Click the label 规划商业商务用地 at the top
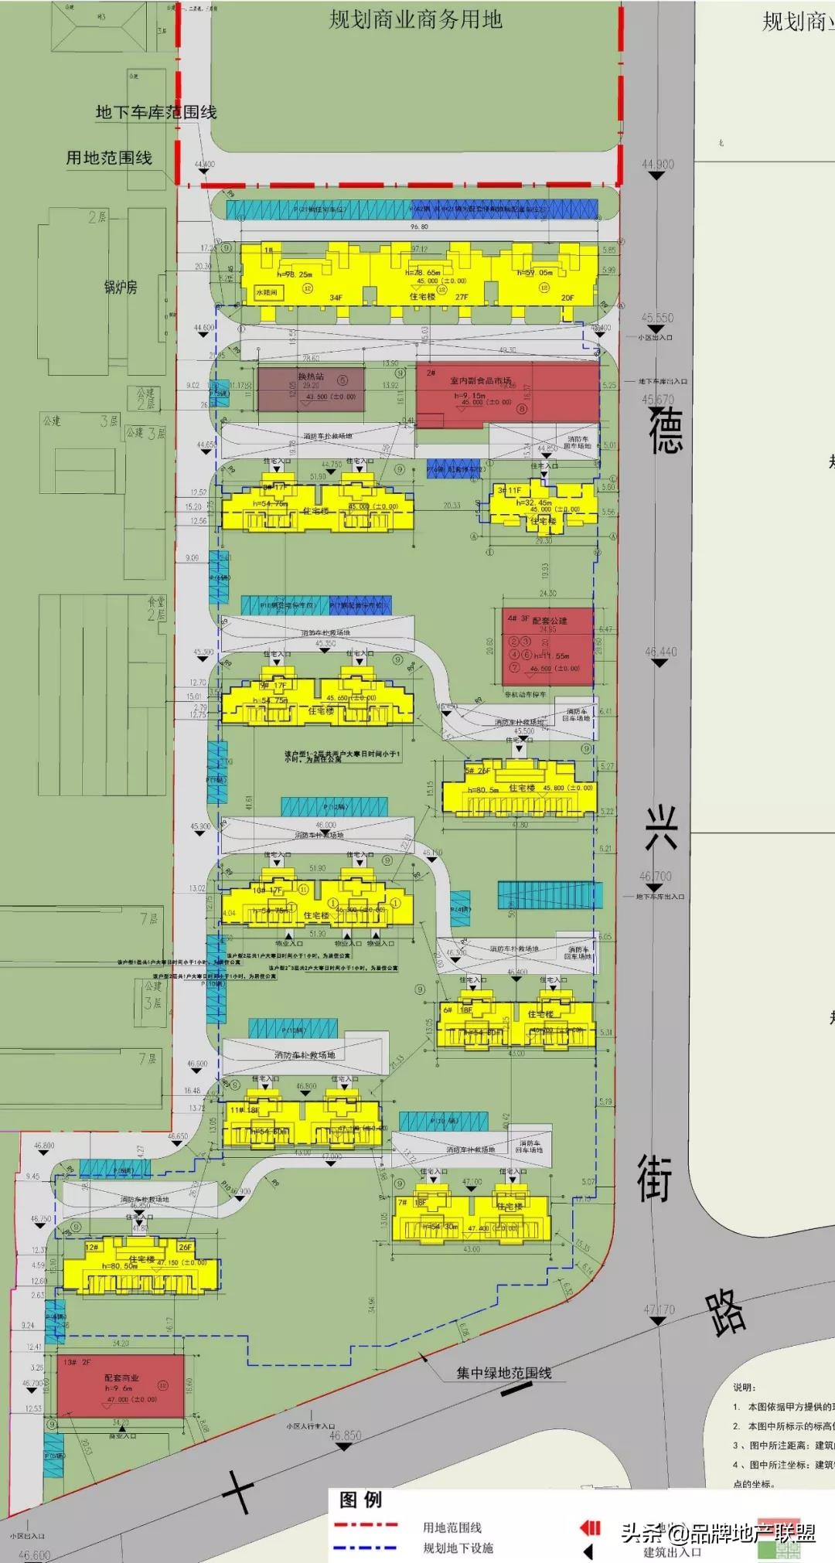pos(415,20)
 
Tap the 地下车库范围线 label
pos(156,112)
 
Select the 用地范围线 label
pos(109,158)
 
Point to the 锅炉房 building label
pos(121,287)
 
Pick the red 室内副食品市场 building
pos(508,393)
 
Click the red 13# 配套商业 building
pos(121,1385)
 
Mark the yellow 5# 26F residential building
pos(520,787)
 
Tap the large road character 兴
pos(662,828)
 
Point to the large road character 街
pos(654,1178)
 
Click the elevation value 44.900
pos(657,165)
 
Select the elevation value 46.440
pos(660,652)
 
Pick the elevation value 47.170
pos(659,1309)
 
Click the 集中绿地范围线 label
pos(503,1373)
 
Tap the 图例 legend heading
pos(361,1500)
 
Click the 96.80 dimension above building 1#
pos(419,227)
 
